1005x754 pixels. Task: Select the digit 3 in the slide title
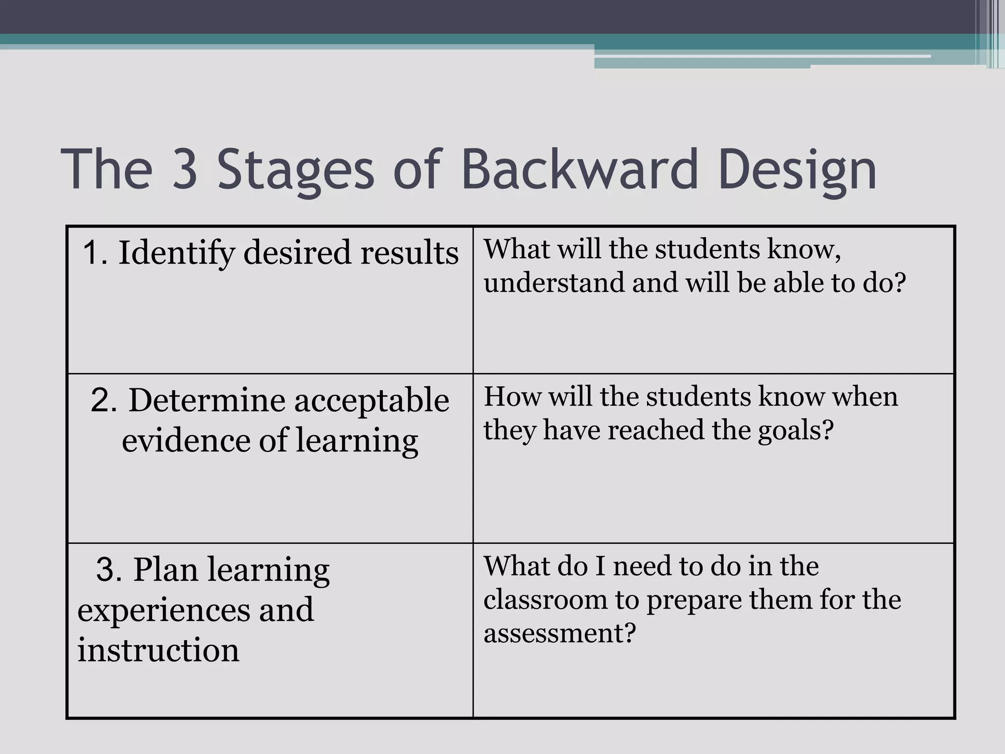click(185, 169)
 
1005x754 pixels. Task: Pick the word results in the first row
click(410, 253)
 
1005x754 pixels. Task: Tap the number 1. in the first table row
click(95, 253)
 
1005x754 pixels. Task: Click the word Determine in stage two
click(206, 400)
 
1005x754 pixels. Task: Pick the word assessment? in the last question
click(559, 633)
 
